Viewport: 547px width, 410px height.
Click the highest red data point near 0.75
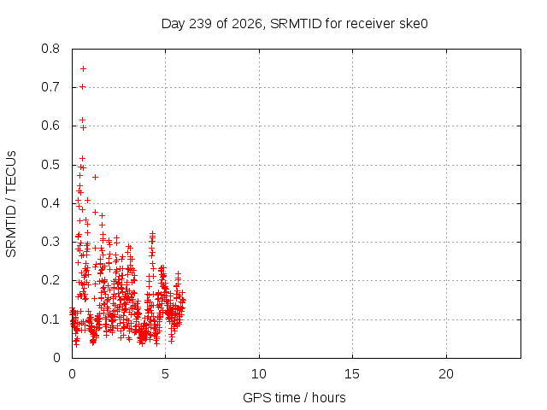point(83,68)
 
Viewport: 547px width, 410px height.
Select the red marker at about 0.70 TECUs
point(82,86)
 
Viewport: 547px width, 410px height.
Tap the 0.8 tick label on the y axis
point(50,49)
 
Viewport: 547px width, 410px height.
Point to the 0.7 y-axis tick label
point(50,87)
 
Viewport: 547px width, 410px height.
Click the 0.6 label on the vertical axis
point(50,126)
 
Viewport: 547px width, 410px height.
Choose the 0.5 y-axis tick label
point(50,165)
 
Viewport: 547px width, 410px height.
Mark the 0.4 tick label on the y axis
point(50,203)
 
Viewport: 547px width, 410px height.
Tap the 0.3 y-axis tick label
point(50,242)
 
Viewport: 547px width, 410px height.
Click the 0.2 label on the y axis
point(50,280)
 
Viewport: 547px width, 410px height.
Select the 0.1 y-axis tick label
point(50,319)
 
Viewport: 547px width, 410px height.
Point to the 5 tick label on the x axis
point(165,374)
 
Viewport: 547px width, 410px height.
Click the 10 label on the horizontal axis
point(259,374)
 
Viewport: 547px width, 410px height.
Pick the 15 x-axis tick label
point(352,374)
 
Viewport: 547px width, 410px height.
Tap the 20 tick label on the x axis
point(446,374)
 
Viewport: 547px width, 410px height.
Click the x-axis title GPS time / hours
point(294,397)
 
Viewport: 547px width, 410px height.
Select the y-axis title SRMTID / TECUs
point(11,204)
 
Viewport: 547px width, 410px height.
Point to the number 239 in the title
point(200,24)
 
